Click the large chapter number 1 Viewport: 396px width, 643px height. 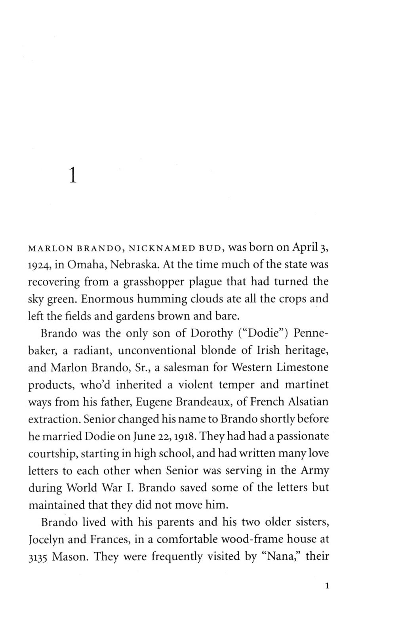pyautogui.click(x=72, y=175)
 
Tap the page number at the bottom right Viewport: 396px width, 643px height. pyautogui.click(x=327, y=586)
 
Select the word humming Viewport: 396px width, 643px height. pyautogui.click(x=136, y=299)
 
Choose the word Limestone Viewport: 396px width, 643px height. pyautogui.click(x=302, y=367)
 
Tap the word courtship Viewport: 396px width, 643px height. pyautogui.click(x=53, y=454)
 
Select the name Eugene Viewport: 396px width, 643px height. pyautogui.click(x=154, y=402)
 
